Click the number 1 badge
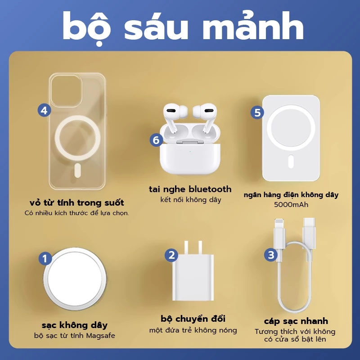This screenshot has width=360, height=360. pyautogui.click(x=45, y=259)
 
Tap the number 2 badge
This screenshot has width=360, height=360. pyautogui.click(x=171, y=255)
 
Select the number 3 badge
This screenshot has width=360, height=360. pyautogui.click(x=271, y=255)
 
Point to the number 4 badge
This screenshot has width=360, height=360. pyautogui.click(x=44, y=110)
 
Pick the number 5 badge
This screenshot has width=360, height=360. pyautogui.click(x=257, y=112)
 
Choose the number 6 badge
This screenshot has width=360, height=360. pyautogui.click(x=156, y=140)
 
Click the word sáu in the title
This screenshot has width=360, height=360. pyautogui.click(x=156, y=27)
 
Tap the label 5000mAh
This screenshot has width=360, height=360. pyautogui.click(x=291, y=205)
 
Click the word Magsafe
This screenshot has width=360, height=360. pyautogui.click(x=100, y=336)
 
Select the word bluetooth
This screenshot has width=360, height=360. pyautogui.click(x=210, y=189)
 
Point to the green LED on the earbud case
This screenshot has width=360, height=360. pyautogui.click(x=190, y=152)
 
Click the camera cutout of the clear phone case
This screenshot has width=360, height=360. pyautogui.click(x=66, y=91)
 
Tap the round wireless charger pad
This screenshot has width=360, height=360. pyautogui.click(x=75, y=279)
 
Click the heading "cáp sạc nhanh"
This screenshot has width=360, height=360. pyautogui.click(x=296, y=321)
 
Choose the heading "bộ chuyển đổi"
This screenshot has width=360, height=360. pyautogui.click(x=193, y=319)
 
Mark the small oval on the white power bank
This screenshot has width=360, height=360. pyautogui.click(x=291, y=162)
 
